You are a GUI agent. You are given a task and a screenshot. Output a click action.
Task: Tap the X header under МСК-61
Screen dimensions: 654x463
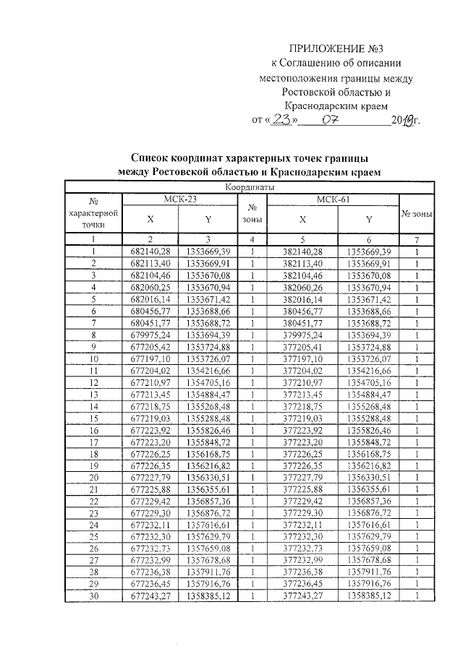click(x=303, y=218)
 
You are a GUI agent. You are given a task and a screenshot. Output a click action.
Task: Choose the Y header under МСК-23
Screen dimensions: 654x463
click(x=208, y=218)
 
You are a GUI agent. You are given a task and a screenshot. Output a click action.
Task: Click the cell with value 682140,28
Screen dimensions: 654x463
click(x=150, y=251)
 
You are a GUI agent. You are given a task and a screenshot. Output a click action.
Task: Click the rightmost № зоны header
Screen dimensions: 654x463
click(x=417, y=214)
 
